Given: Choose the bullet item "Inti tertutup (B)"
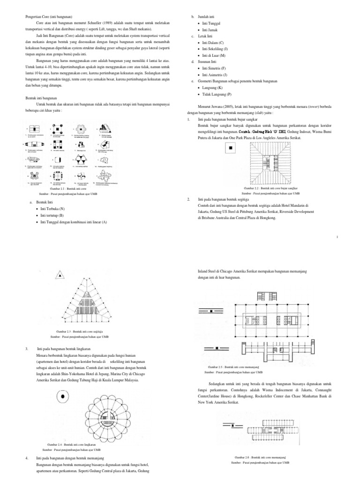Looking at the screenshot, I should click(52, 215).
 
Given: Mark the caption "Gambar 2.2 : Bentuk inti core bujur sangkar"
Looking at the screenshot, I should click(271, 187).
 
